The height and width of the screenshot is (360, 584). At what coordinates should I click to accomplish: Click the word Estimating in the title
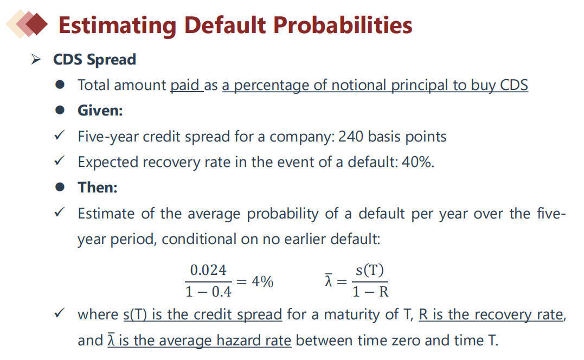117,25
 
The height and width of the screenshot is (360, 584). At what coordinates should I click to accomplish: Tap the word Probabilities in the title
343,25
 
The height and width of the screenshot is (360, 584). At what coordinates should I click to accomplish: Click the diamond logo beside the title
27,24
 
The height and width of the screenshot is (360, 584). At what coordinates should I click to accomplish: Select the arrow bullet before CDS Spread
36,59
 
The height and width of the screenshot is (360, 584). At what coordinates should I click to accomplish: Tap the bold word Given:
100,111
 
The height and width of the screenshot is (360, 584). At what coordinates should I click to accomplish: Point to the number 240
351,137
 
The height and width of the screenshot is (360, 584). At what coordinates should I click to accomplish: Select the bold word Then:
98,187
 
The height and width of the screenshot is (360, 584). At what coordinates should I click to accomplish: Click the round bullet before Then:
60,187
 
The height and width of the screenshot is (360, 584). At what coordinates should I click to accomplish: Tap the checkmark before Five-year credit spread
60,135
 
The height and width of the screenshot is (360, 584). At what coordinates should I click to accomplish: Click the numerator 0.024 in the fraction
208,271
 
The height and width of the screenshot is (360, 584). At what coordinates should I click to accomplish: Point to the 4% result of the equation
262,281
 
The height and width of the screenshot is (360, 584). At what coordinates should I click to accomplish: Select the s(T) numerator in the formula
369,270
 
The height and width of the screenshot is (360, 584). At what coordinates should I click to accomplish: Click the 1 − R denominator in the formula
370,292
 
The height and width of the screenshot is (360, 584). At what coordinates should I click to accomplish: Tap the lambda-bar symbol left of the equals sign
328,280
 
